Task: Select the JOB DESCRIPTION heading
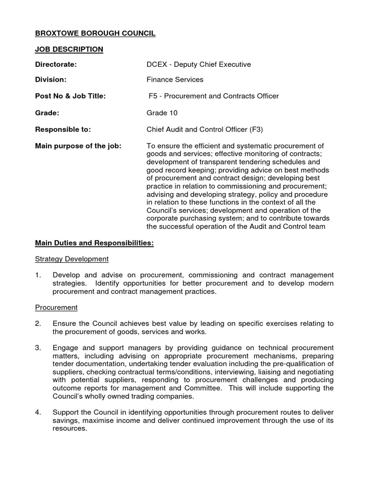[69, 49]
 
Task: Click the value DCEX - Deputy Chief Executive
[198, 64]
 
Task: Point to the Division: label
[50, 80]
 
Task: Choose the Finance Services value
[175, 80]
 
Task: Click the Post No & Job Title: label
[70, 96]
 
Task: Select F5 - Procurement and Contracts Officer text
[213, 96]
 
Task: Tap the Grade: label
[47, 113]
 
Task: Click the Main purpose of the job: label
[78, 146]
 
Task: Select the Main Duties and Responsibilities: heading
[94, 244]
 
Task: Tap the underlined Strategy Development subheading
[72, 259]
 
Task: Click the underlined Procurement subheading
[56, 307]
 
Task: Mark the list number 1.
[38, 275]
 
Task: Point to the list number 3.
[38, 347]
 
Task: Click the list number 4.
[38, 412]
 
